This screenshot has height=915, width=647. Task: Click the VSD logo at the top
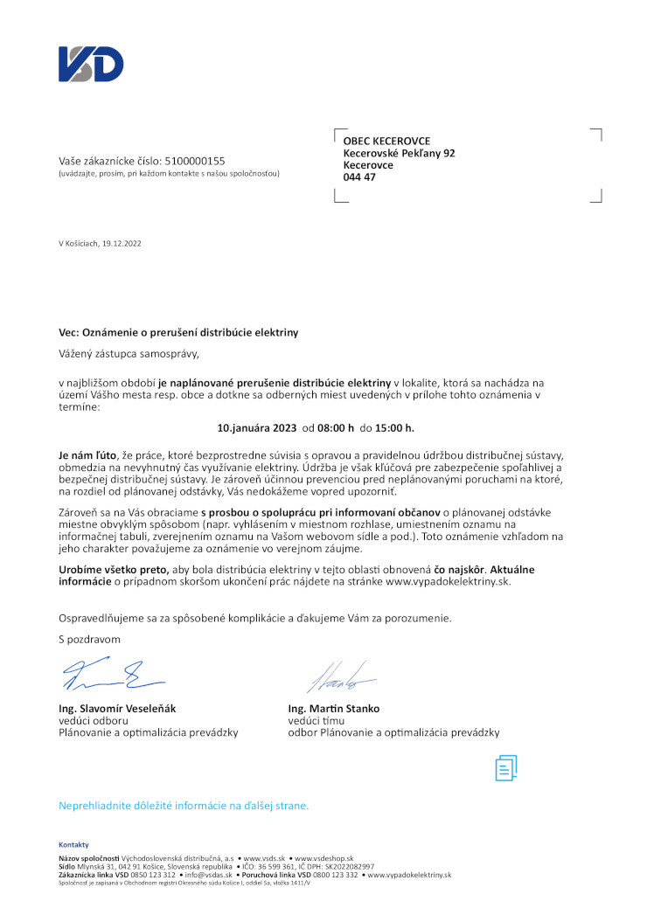91,65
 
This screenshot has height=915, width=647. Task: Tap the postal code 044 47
358,177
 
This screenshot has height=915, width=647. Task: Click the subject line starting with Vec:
178,332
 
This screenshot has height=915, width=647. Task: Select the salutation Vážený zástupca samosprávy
129,354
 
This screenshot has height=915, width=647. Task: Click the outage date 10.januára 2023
256,428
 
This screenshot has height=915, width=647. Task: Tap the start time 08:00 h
336,428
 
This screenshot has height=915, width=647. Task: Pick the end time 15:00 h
394,428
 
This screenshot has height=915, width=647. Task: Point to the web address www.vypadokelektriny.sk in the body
448,580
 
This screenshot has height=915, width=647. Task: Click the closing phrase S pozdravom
89,640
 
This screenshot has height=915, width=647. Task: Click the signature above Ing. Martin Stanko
340,676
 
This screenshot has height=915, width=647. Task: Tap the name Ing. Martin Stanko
334,708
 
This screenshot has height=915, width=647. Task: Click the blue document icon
506,767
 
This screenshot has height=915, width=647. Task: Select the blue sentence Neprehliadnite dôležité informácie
184,805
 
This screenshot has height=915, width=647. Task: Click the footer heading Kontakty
74,844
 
